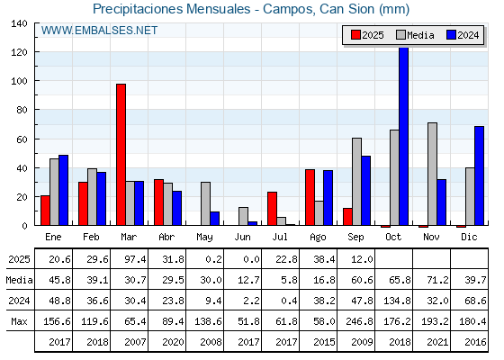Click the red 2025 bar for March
pos(121,154)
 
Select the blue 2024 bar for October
pos(403,136)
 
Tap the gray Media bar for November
pos(432,174)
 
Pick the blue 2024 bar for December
pos(479,175)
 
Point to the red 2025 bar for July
pos(272,208)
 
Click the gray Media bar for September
pos(356,181)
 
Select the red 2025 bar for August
pos(310,197)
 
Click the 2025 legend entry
pos(367,35)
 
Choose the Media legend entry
pos(415,35)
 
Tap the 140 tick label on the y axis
pos(19,23)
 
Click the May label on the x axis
pos(204,238)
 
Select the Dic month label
pos(469,237)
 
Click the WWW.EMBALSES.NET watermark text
pos(99,31)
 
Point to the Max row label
pos(19,321)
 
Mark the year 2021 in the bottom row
pos(437,342)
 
